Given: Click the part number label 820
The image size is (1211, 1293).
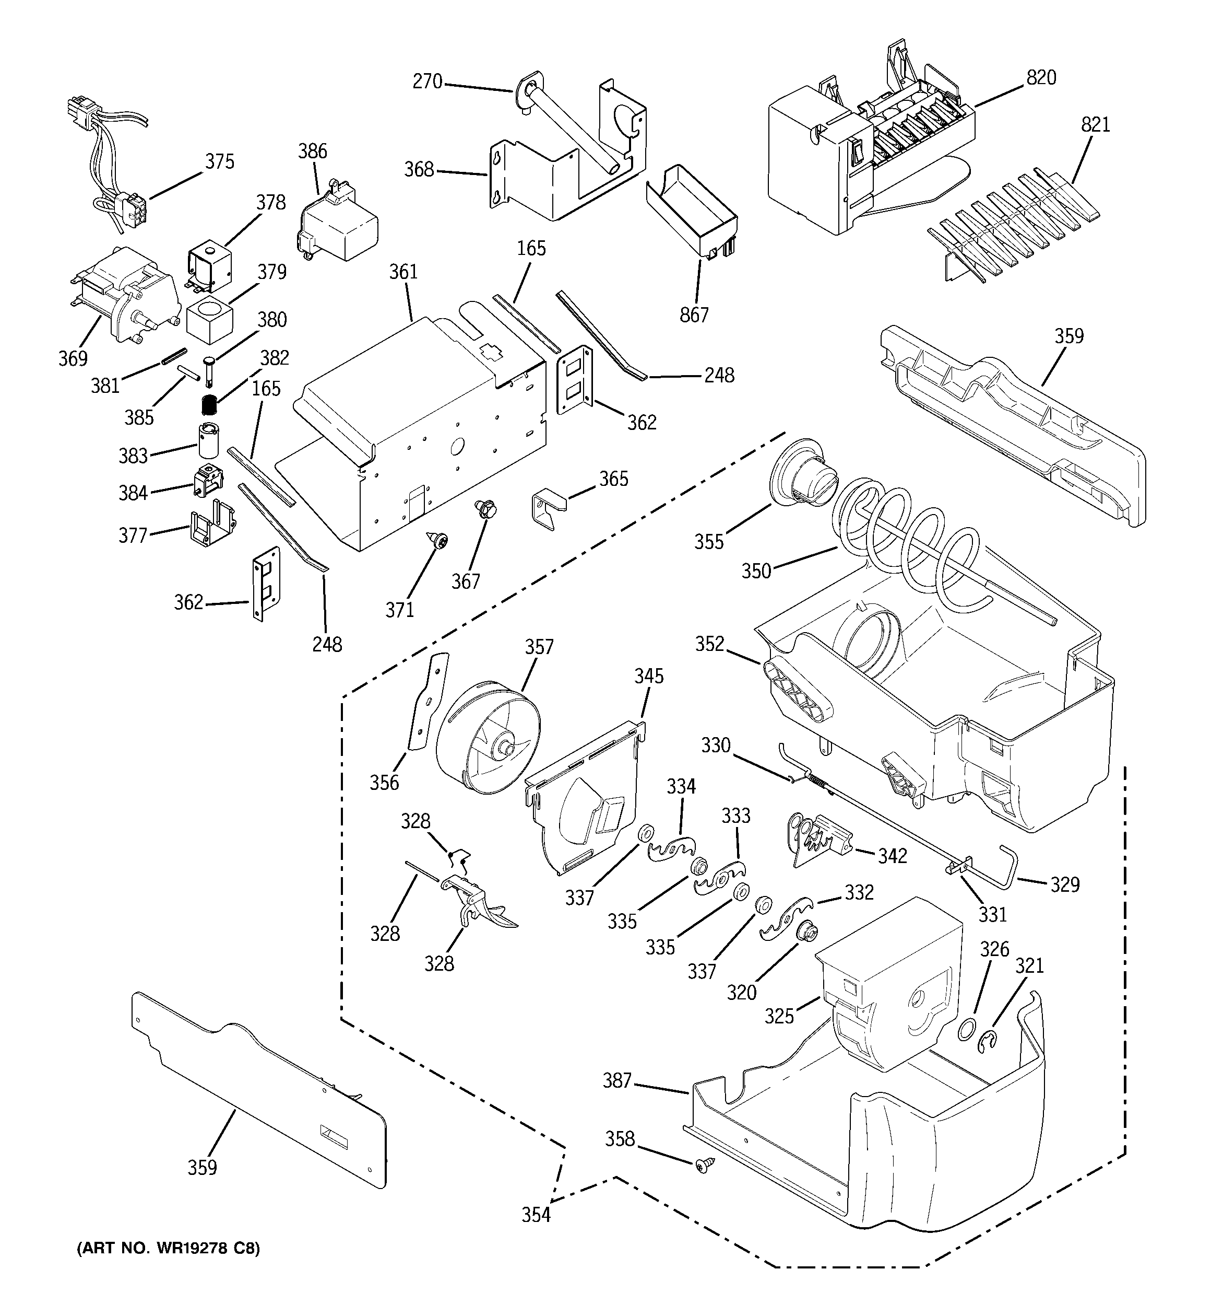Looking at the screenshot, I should click(1041, 77).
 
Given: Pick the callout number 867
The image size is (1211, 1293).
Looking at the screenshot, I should click(694, 315).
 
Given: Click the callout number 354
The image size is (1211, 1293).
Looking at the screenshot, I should click(536, 1214).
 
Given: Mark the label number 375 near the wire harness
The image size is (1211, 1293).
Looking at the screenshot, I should click(220, 162).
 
